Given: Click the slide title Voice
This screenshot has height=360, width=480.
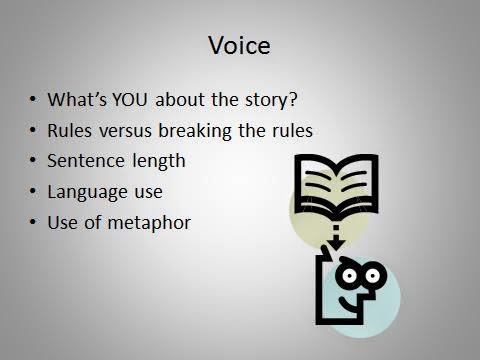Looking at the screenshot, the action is pos(239,45).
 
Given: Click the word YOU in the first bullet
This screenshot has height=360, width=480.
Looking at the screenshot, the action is pos(130,100).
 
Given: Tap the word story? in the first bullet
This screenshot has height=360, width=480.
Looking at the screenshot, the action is pos(271,100).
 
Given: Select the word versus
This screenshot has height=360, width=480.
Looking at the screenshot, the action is pos(125,131).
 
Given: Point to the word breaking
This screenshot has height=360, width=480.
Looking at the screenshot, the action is pos(194,131).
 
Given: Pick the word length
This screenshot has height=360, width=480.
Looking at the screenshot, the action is pos(159,162).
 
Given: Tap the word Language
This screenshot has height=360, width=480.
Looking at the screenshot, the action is pos(87,192).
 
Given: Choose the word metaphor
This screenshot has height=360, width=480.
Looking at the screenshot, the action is pos(149,223).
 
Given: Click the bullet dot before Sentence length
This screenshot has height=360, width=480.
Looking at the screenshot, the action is pos(32,160).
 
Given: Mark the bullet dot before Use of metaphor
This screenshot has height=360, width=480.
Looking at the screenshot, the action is pos(32,222).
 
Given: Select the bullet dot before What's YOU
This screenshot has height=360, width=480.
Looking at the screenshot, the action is pos(32,99).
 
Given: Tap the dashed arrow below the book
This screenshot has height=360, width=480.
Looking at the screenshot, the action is pos(336,238).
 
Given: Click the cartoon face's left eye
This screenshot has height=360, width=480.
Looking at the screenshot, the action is pos(349,276).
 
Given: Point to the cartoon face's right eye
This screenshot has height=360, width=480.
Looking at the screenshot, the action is pos(372,275).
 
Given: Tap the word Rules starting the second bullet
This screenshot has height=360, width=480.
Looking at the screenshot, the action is pos(69,131).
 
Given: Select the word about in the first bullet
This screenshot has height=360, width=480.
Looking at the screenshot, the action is pos(180,100).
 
